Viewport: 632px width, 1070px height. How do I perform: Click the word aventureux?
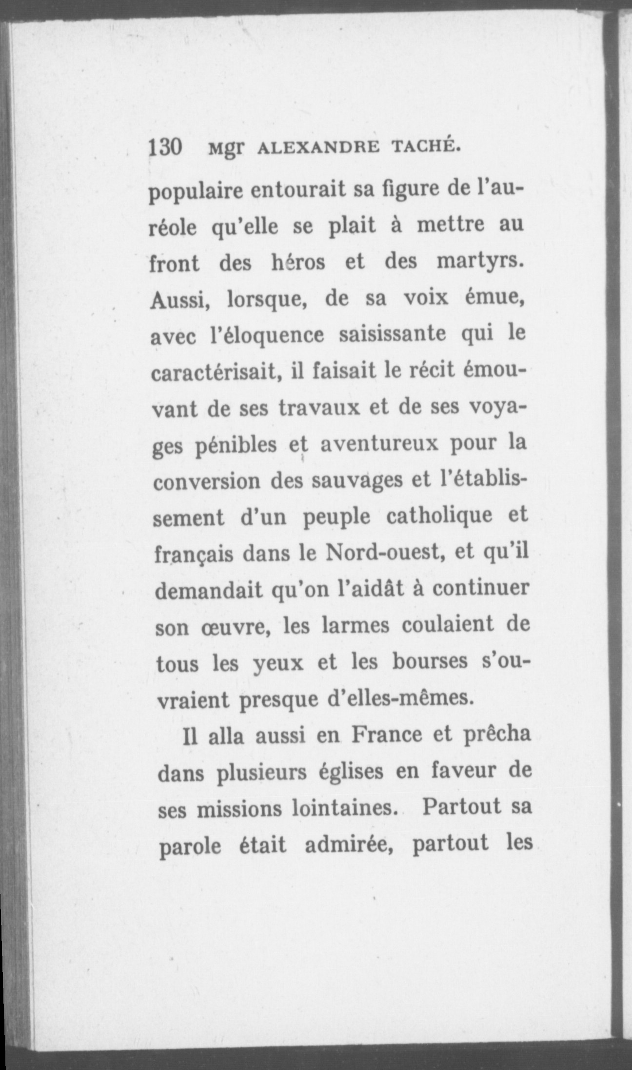[376, 444]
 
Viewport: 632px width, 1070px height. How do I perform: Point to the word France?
[387, 735]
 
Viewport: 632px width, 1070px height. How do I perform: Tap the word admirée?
[348, 845]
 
